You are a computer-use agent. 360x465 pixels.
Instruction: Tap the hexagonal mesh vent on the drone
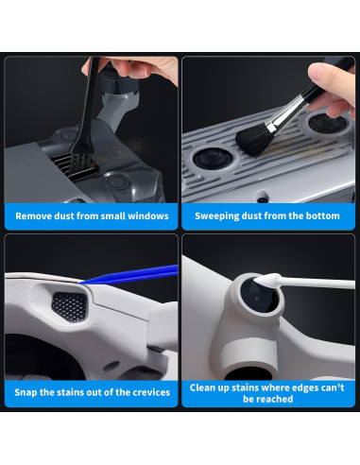pos(69,306)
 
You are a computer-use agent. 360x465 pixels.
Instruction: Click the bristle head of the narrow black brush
pos(80,164)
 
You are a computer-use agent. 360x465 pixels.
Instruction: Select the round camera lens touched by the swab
pos(259,297)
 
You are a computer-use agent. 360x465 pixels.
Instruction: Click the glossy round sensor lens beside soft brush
pos(213,159)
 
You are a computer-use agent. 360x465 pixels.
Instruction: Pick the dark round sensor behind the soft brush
pos(327,123)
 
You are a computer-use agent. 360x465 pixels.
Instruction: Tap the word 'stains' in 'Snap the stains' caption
pos(74,392)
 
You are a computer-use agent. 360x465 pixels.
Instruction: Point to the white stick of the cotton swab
pos(317,284)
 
